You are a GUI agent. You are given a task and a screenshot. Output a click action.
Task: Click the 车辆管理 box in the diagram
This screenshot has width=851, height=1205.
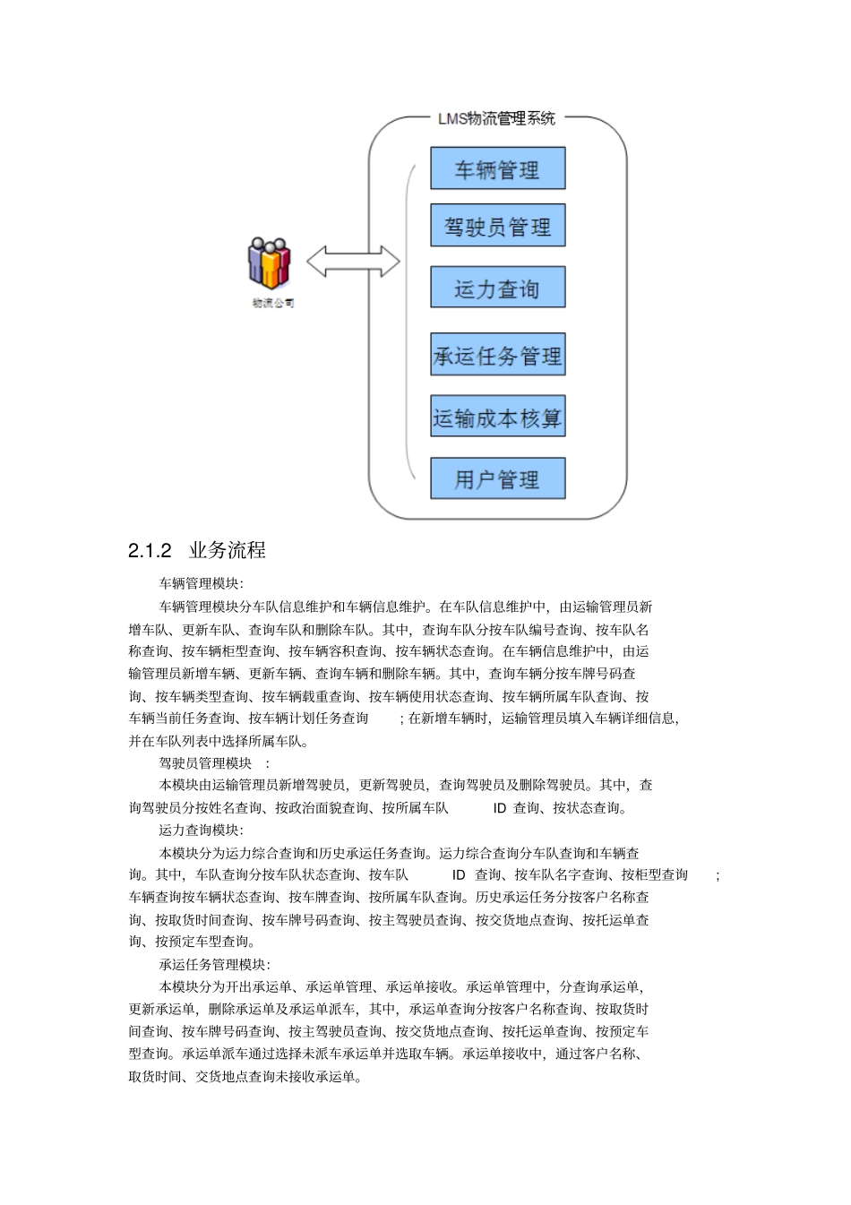497,168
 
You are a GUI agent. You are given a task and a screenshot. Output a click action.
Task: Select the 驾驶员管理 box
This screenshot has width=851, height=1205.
497,227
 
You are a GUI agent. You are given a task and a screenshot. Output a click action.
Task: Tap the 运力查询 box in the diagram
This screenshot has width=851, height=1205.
497,288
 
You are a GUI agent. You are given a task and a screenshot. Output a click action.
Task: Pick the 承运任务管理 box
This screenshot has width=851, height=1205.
497,356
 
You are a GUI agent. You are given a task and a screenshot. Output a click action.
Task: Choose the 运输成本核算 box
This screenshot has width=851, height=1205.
497,417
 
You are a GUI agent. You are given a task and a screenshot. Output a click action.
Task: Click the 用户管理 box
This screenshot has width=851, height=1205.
497,478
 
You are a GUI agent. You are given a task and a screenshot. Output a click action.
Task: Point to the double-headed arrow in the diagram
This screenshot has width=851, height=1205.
353,262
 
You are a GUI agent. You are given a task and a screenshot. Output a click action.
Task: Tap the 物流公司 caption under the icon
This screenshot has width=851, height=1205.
273,303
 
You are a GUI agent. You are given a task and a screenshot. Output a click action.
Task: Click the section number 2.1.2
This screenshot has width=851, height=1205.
150,551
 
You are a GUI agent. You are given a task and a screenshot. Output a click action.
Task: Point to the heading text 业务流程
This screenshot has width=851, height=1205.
228,550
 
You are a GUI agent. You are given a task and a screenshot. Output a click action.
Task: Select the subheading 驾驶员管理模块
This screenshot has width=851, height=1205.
206,763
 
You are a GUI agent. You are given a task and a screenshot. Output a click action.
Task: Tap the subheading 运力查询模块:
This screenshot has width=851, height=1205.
201,831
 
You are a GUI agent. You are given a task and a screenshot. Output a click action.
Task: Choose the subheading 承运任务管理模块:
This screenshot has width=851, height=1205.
213,965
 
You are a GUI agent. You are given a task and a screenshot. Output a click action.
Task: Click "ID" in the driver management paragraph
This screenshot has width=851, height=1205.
500,808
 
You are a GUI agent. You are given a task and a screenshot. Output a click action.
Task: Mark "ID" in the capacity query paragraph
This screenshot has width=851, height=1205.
459,875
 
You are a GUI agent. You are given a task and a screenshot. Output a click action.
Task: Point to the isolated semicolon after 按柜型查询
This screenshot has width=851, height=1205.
718,875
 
